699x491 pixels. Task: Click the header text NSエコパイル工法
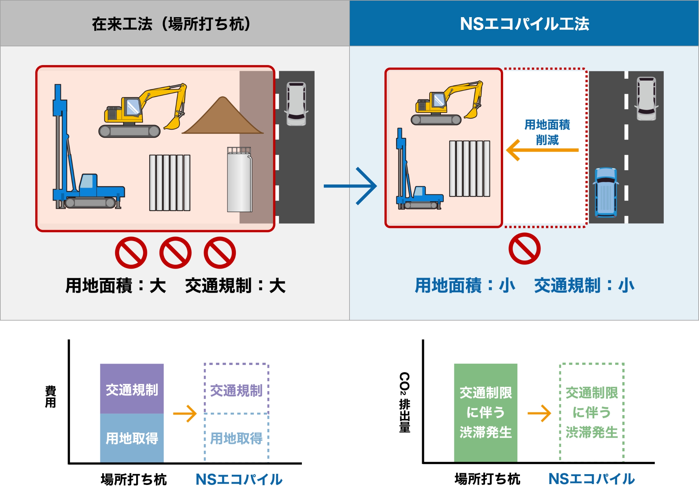click(x=524, y=24)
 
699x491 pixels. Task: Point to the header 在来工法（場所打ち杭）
click(x=171, y=24)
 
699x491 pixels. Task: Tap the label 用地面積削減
click(x=547, y=132)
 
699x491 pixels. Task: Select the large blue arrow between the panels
click(x=350, y=186)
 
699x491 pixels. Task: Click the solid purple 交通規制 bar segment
click(x=132, y=389)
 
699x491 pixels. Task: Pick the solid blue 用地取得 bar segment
click(x=132, y=438)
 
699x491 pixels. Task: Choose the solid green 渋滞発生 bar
click(x=485, y=413)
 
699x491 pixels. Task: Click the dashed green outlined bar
click(x=591, y=413)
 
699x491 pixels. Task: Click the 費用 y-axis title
click(x=50, y=397)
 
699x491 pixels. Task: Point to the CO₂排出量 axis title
click(x=404, y=402)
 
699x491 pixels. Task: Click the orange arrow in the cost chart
click(x=185, y=414)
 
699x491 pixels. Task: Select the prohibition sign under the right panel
click(x=524, y=249)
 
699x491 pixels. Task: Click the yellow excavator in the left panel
click(x=143, y=111)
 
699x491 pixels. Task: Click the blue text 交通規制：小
click(x=584, y=285)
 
